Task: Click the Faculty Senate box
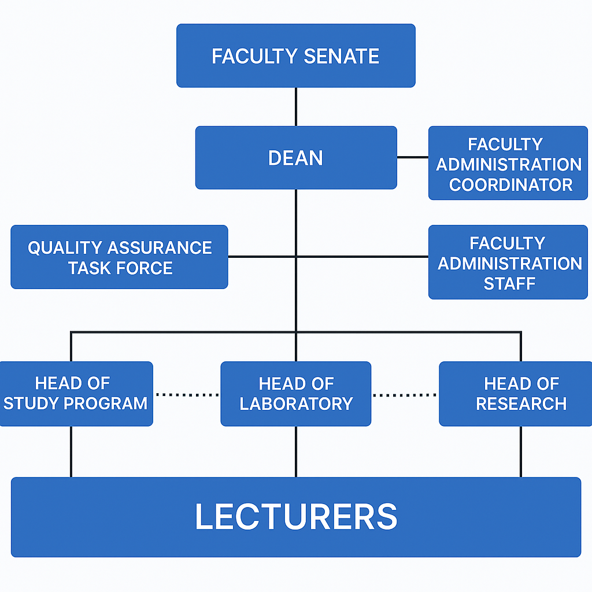click(295, 55)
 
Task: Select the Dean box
click(295, 158)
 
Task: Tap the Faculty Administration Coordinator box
click(508, 164)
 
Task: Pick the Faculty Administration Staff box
click(508, 262)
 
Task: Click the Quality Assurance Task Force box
click(119, 257)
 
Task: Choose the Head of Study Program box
click(75, 394)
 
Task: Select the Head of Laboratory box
click(295, 394)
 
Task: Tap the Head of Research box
click(516, 394)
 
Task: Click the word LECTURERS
click(295, 517)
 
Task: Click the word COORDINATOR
click(510, 185)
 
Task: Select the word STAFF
click(509, 283)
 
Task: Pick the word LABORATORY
click(296, 404)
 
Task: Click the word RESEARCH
click(521, 404)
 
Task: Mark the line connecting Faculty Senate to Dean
click(296, 107)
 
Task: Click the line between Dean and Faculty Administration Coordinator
click(412, 157)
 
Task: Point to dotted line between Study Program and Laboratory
click(187, 395)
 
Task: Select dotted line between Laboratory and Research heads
click(405, 395)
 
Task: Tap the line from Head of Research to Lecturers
click(521, 452)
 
